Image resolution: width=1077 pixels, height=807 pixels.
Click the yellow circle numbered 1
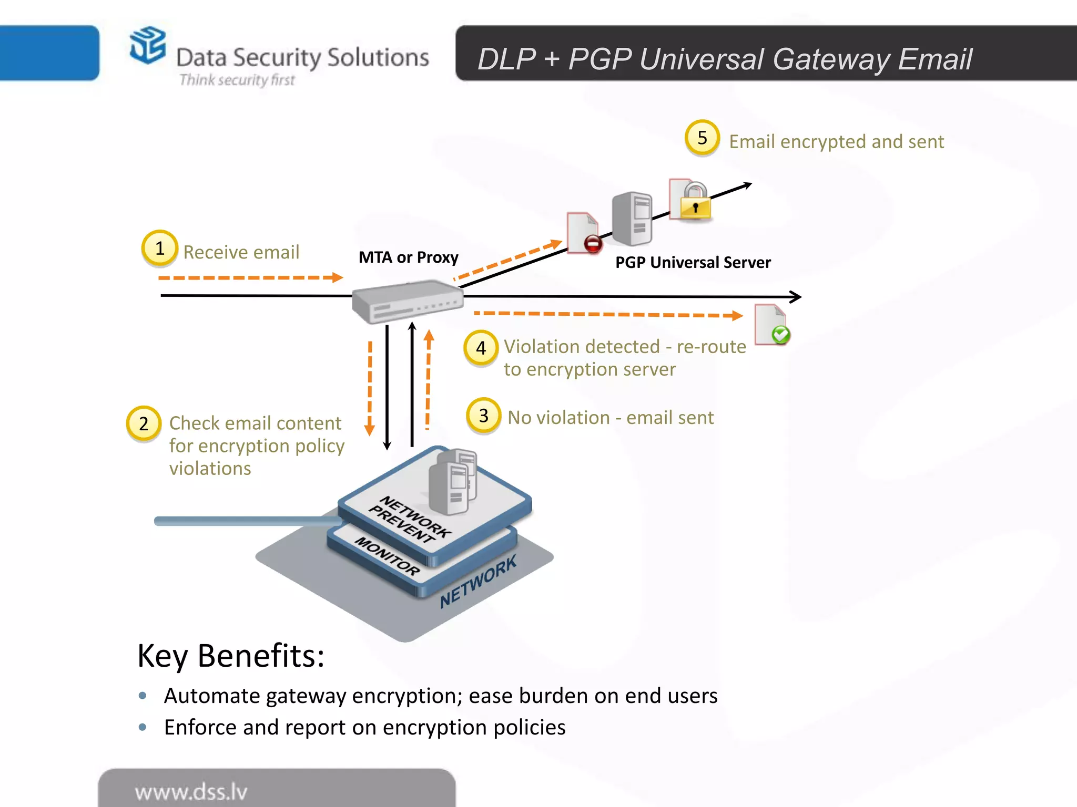pyautogui.click(x=159, y=248)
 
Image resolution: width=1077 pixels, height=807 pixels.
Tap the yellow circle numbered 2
pyautogui.click(x=144, y=423)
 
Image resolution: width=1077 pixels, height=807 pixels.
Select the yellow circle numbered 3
pyautogui.click(x=483, y=416)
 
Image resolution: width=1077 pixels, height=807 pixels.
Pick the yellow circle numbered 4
pyautogui.click(x=481, y=348)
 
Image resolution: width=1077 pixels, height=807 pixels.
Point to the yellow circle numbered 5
pyautogui.click(x=702, y=138)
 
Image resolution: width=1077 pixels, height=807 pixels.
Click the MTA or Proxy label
pyautogui.click(x=408, y=257)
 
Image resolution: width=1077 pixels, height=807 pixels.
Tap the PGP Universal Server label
pyautogui.click(x=693, y=262)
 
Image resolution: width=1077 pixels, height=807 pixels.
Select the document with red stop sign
pyautogui.click(x=583, y=233)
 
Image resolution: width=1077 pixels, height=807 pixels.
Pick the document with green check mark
pyautogui.click(x=772, y=325)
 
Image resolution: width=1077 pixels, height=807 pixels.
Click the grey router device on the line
pyautogui.click(x=408, y=302)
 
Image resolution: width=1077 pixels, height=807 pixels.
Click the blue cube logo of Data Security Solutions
pyautogui.click(x=148, y=45)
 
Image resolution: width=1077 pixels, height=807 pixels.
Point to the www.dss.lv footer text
pyautogui.click(x=191, y=792)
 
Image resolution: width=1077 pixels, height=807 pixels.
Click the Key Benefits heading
pyautogui.click(x=231, y=656)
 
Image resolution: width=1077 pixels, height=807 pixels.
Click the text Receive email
pyautogui.click(x=241, y=252)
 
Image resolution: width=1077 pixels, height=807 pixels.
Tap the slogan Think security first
pyautogui.click(x=237, y=80)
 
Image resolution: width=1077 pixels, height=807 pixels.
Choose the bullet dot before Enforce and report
pyautogui.click(x=143, y=727)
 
